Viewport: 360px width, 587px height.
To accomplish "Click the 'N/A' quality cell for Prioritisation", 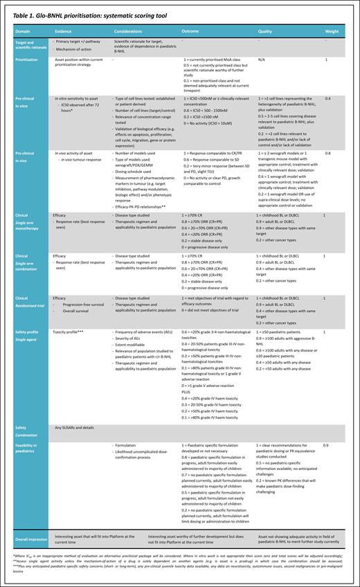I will (261, 60).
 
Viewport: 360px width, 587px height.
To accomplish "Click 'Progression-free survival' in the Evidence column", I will (82, 304).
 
